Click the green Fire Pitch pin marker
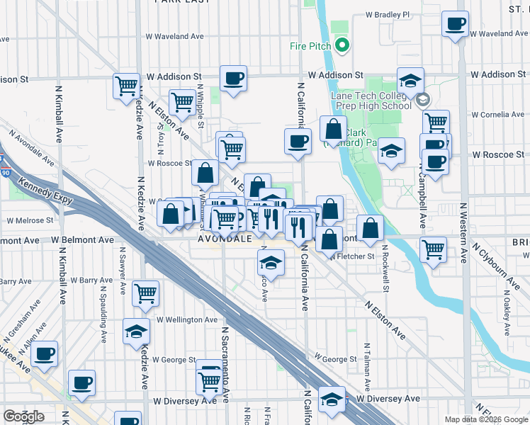343,47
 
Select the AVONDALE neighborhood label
225,239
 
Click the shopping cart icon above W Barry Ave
145,293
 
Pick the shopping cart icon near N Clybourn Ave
433,249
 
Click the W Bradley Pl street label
388,14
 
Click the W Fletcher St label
351,256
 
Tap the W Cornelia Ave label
497,114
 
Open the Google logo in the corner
23,416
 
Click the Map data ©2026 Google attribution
486,419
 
